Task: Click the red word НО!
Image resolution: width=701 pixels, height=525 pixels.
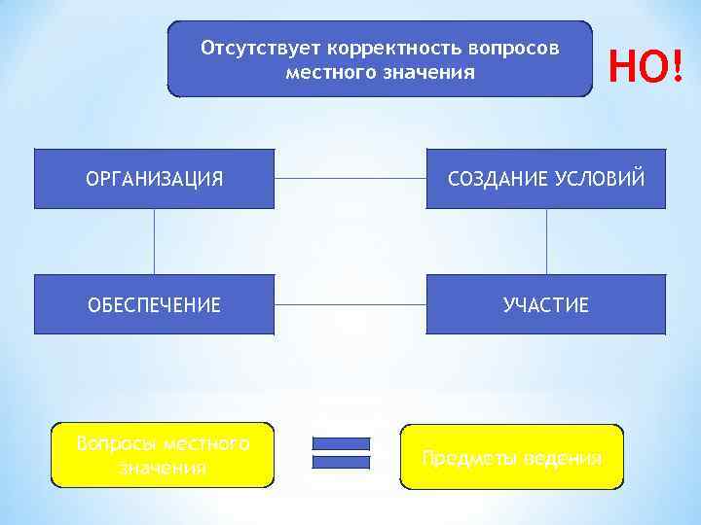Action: (x=646, y=66)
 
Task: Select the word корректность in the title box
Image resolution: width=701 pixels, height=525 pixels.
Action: (x=395, y=48)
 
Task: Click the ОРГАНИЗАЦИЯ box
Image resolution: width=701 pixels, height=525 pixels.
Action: (x=155, y=179)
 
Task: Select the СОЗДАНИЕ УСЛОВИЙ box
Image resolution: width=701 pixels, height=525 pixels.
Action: (x=546, y=179)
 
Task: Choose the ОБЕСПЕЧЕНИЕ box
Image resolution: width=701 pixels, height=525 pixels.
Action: (x=155, y=305)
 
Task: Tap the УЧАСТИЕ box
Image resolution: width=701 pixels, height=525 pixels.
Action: (x=546, y=305)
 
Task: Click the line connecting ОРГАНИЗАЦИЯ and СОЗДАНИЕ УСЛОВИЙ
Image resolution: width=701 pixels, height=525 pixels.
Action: (x=350, y=179)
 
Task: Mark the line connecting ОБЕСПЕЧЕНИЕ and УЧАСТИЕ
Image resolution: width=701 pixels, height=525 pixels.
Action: (x=350, y=304)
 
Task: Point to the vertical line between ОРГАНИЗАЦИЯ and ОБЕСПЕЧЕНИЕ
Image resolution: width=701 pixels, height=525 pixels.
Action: (x=155, y=241)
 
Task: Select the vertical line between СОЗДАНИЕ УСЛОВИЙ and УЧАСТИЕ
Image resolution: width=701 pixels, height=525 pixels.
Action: (x=546, y=241)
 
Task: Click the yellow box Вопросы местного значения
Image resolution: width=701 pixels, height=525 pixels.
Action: (x=163, y=455)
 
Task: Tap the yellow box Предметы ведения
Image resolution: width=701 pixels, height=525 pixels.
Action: (x=512, y=457)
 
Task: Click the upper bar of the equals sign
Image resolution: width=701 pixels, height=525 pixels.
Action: (x=341, y=443)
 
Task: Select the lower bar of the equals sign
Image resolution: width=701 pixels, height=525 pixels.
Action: (x=341, y=462)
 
